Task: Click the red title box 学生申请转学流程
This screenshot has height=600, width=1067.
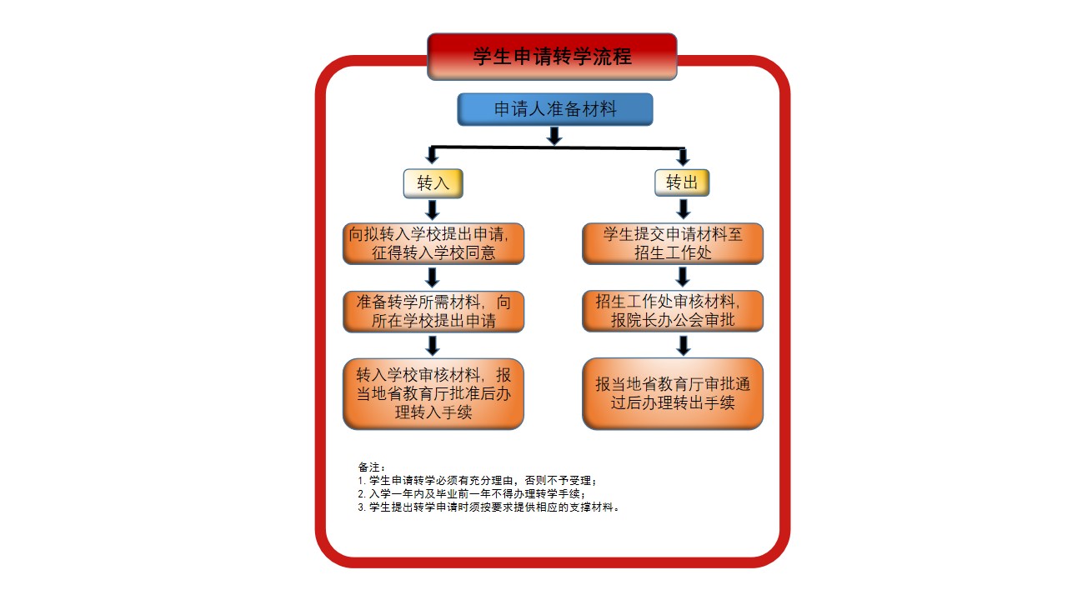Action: (x=552, y=57)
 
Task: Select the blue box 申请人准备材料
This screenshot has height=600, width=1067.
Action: (x=555, y=109)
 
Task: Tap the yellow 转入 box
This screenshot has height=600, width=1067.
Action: (x=433, y=183)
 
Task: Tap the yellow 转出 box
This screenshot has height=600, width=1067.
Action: (x=682, y=182)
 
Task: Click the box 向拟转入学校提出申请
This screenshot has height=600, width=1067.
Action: (x=433, y=243)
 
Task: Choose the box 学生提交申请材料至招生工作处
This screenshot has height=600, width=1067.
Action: (x=673, y=243)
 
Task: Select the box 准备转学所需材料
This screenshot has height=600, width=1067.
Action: (x=433, y=312)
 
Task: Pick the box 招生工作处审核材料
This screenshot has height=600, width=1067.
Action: (x=673, y=311)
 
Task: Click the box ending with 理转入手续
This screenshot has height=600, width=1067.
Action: (x=433, y=394)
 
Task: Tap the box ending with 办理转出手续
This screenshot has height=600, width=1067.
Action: (x=673, y=394)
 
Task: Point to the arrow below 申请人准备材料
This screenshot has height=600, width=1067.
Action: (x=554, y=136)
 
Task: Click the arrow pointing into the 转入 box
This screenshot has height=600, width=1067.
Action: (x=432, y=155)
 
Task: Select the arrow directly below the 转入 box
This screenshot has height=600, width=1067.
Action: (x=432, y=210)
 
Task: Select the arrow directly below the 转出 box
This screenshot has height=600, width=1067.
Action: (x=684, y=209)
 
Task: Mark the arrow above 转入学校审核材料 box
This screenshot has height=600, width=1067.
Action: (x=433, y=346)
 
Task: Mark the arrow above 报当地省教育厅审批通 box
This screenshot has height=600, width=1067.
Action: (x=684, y=346)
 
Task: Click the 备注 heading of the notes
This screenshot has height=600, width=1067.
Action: (x=372, y=467)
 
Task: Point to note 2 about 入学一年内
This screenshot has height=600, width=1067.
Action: (x=472, y=494)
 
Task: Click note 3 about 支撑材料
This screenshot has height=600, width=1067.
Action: (x=488, y=507)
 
